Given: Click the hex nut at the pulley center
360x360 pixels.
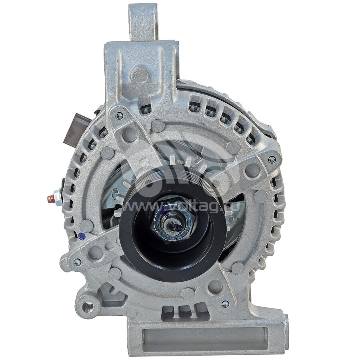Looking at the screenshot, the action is (x=173, y=223).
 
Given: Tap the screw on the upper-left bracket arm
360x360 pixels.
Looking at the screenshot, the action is (x=119, y=116).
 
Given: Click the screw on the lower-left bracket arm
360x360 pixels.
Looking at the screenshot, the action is (x=77, y=262).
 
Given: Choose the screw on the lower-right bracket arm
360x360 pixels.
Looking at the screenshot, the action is (x=226, y=304).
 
